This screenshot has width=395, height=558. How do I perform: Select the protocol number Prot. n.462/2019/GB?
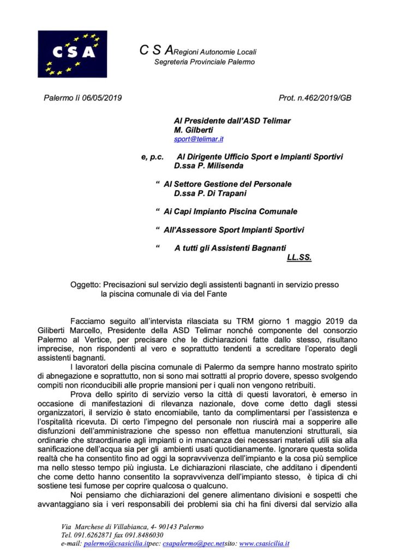pyautogui.click(x=314, y=98)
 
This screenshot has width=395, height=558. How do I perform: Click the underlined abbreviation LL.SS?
pyautogui.click(x=298, y=257)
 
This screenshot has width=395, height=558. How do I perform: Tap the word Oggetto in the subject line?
pyautogui.click(x=85, y=284)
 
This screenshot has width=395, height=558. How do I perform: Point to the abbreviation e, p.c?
pyautogui.click(x=152, y=157)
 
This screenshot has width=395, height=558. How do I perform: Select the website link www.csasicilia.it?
pyautogui.click(x=264, y=543)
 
